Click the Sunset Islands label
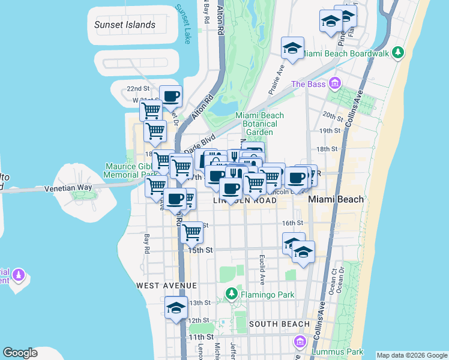(125, 25)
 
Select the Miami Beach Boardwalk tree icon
(397, 53)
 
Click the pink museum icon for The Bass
(334, 83)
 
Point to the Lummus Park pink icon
(300, 342)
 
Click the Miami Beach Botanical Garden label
(259, 124)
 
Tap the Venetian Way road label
(68, 188)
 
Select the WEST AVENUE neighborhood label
(166, 285)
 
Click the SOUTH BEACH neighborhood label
(279, 324)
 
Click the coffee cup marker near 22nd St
(170, 96)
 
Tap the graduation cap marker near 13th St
(176, 308)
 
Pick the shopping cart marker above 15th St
(192, 231)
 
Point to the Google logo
(20, 353)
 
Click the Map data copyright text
(412, 355)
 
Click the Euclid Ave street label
(262, 268)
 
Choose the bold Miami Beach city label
(336, 199)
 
